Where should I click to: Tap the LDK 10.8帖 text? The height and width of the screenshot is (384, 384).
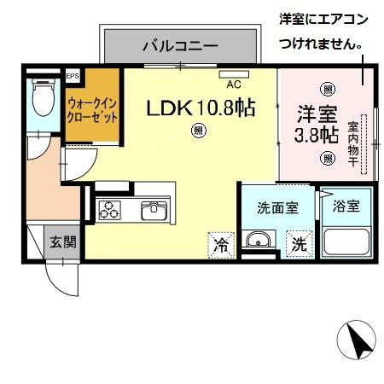pos(201,109)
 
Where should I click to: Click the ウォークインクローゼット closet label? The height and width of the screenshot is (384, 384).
pos(91,110)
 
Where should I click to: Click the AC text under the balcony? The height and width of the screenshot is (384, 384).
pos(232,84)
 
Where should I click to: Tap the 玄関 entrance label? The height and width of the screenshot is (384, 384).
pos(61,241)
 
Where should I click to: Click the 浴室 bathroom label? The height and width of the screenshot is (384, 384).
pos(346,207)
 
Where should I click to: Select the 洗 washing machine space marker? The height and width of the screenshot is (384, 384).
pos(299,244)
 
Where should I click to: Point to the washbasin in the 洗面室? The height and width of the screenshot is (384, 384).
pos(255,241)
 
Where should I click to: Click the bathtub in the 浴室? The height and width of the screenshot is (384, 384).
pos(347,240)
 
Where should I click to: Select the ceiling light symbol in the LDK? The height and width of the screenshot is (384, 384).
pos(198,131)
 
